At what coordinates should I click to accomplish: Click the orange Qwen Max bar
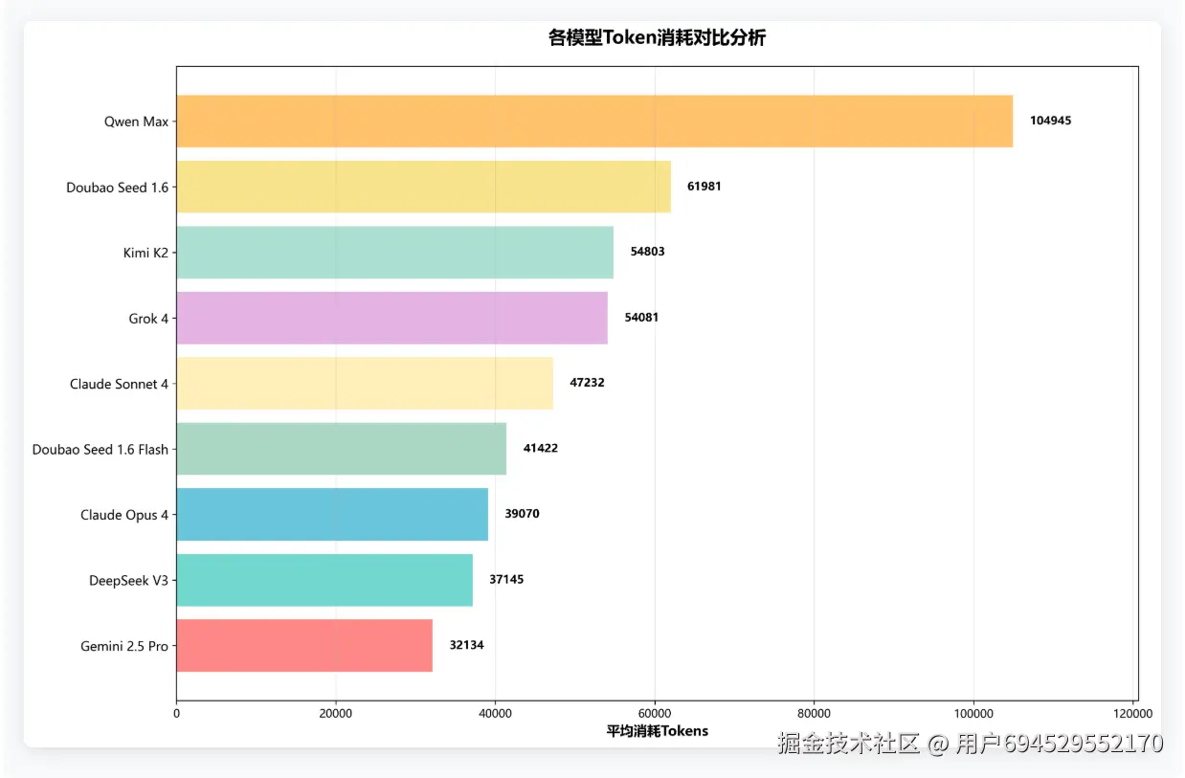593,122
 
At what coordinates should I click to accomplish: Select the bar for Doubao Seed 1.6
423,187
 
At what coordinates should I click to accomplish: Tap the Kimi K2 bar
394,252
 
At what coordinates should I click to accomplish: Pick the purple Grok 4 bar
391,318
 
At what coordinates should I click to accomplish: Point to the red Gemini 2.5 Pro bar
304,645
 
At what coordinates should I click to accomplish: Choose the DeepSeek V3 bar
324,580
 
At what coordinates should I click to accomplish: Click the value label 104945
1050,121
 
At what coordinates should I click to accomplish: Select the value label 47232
587,383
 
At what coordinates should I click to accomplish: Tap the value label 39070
522,514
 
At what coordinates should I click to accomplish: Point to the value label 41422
540,448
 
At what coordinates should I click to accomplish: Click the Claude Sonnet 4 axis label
119,384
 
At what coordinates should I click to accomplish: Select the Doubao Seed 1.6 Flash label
101,449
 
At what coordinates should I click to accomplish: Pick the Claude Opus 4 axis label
124,515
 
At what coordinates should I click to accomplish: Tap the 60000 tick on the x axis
655,713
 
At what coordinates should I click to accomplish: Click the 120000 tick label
1133,713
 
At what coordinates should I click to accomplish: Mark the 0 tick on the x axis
177,713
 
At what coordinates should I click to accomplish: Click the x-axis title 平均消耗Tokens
658,731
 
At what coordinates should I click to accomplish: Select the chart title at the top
657,38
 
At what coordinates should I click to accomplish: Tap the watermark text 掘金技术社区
849,744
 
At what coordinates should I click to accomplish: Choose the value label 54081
641,318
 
